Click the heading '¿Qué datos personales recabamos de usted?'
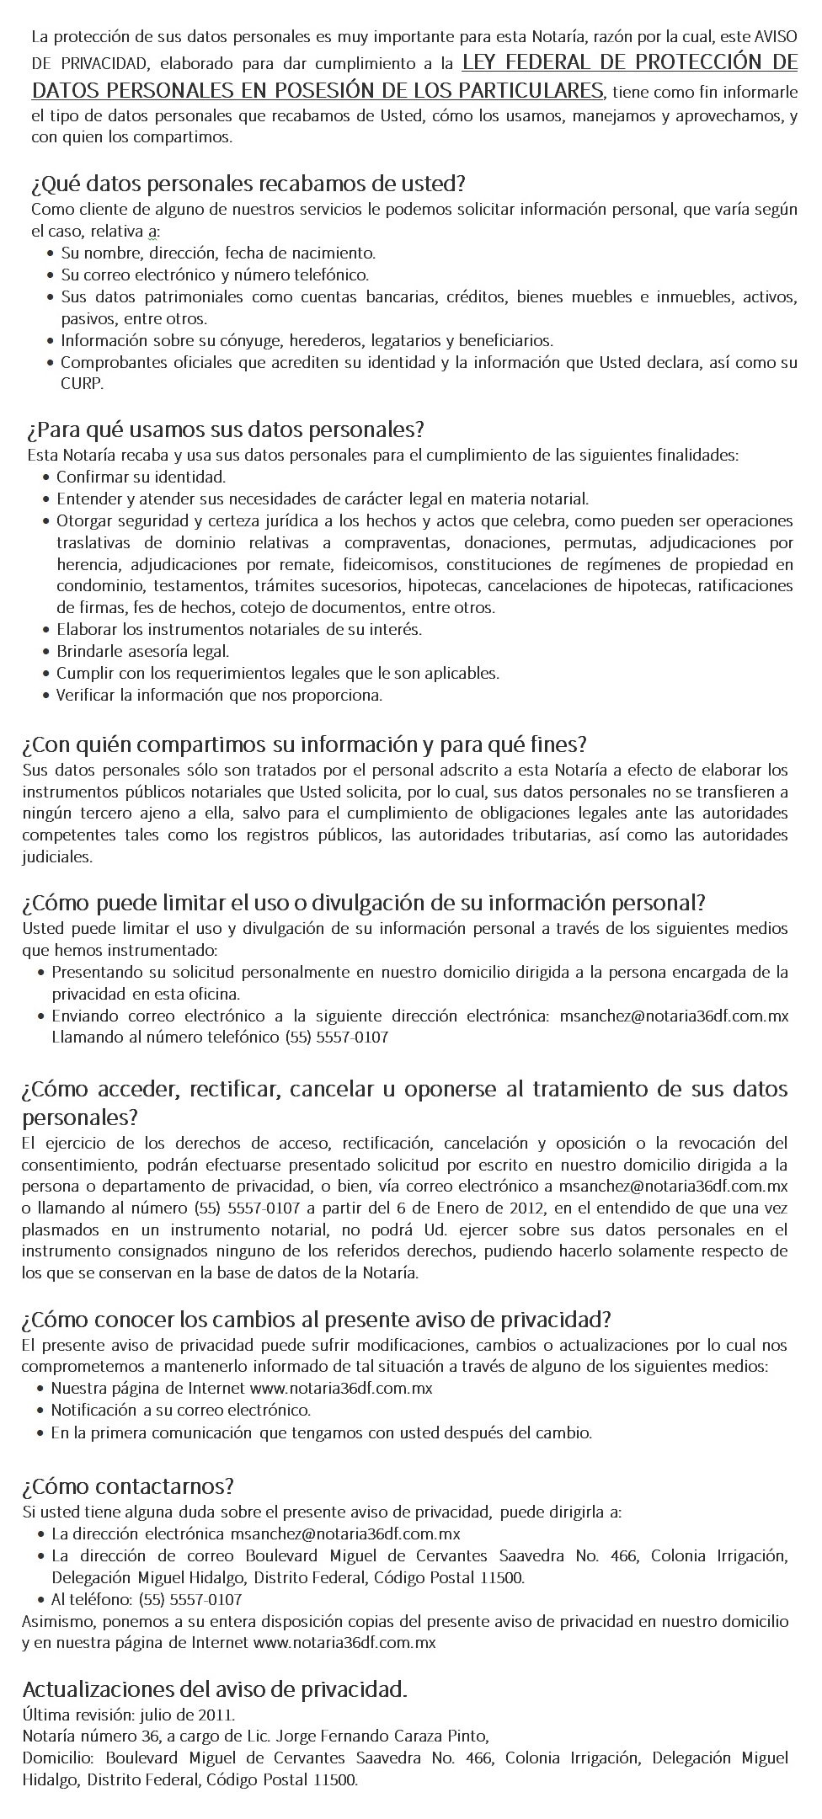[x=248, y=183]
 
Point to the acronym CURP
[x=81, y=384]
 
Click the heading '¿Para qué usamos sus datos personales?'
[x=225, y=429]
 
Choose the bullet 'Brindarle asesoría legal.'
[x=142, y=651]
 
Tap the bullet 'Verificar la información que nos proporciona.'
[x=219, y=695]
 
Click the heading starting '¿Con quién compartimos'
[x=304, y=744]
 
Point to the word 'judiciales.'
[x=57, y=857]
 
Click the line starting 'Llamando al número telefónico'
[x=220, y=1037]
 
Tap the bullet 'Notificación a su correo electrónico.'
[x=181, y=1410]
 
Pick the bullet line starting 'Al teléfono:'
[x=147, y=1599]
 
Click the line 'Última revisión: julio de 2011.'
[x=129, y=1715]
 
